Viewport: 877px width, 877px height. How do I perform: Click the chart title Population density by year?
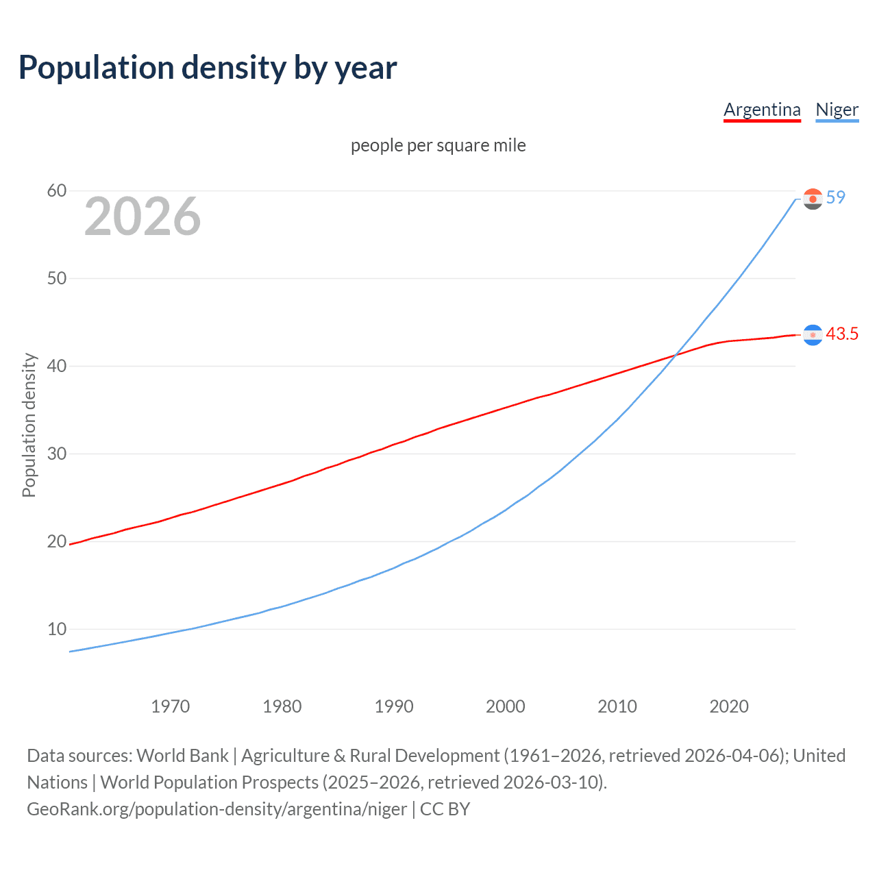(208, 68)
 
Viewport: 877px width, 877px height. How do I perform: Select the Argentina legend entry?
(762, 110)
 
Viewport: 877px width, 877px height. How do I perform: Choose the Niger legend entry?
(837, 110)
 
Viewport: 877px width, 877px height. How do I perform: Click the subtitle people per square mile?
(438, 145)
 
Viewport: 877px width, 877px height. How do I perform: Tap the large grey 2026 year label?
(143, 217)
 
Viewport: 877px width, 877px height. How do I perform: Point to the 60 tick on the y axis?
(57, 190)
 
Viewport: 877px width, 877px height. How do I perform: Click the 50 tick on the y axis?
(57, 278)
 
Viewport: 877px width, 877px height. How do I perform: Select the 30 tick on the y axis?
(57, 454)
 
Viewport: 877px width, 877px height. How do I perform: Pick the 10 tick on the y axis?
(57, 629)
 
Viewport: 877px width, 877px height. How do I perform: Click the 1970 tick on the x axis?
(170, 706)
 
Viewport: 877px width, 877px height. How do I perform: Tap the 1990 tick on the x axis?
(393, 706)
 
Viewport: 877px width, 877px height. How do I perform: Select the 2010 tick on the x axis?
(617, 706)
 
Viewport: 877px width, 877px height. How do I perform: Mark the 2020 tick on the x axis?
(728, 706)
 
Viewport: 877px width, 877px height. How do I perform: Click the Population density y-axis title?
(29, 425)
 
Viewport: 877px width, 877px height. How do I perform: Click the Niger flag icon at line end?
(813, 199)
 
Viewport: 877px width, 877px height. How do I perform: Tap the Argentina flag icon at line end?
(813, 334)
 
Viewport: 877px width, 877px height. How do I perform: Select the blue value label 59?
(835, 197)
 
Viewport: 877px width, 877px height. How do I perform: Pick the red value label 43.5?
(841, 334)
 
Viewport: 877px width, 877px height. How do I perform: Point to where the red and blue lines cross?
(676, 355)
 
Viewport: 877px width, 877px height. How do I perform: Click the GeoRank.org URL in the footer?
(217, 809)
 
